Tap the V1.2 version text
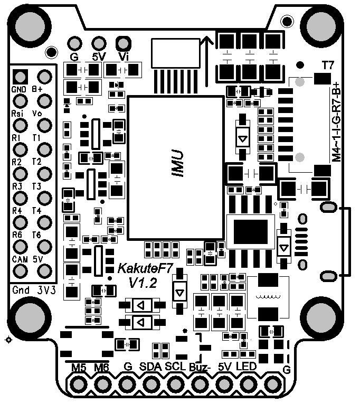tap(143, 283)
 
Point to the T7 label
tap(328, 65)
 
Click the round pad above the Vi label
tap(123, 42)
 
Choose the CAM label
tap(19, 259)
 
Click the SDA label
tap(151, 366)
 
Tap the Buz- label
tap(200, 367)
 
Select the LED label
tap(246, 366)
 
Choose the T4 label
tap(36, 211)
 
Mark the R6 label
tap(17, 235)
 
